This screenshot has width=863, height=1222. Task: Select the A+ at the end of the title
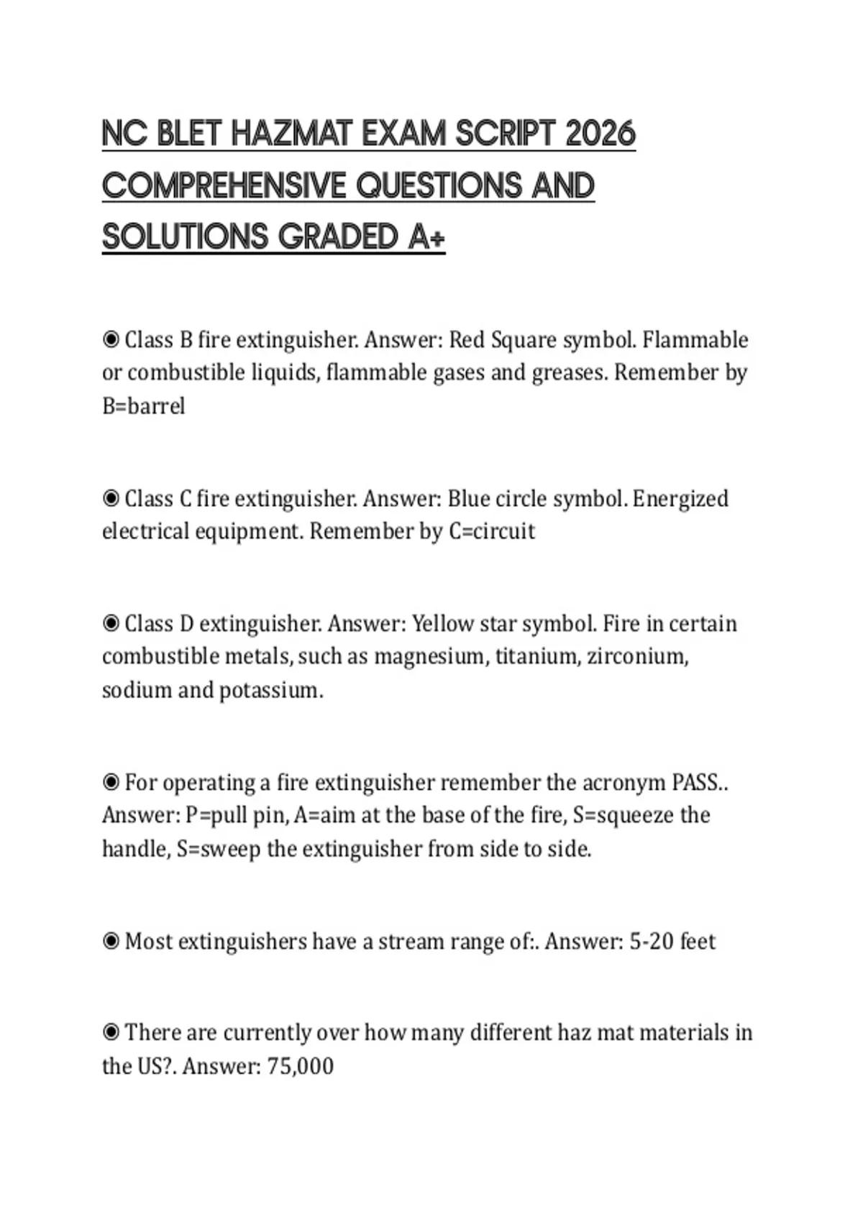tap(426, 236)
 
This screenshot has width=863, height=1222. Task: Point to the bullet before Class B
tap(111, 339)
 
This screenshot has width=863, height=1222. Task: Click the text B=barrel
tap(143, 406)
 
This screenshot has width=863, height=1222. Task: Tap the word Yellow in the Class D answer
tap(441, 623)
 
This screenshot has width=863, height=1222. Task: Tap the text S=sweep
tap(219, 849)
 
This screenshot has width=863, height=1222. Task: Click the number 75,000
tap(300, 1065)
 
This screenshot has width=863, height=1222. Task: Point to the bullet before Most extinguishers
tap(111, 941)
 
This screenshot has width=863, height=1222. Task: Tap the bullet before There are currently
tap(111, 1033)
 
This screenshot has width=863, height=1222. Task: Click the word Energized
tap(680, 498)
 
